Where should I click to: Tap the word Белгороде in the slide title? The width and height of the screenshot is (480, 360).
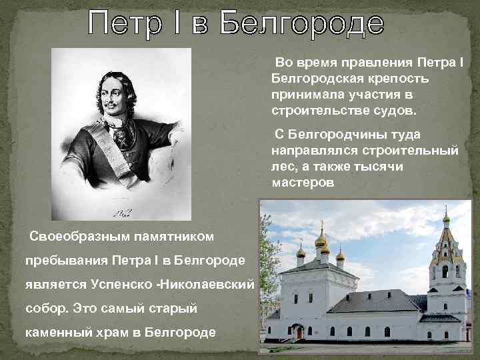point(303,26)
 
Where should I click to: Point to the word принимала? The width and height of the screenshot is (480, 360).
point(305,94)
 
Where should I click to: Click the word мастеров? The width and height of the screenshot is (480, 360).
point(303,183)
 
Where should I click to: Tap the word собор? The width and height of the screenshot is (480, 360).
point(45,308)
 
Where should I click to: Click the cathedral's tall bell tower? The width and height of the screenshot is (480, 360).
point(445,267)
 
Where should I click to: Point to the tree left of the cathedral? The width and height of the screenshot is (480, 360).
point(268,267)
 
